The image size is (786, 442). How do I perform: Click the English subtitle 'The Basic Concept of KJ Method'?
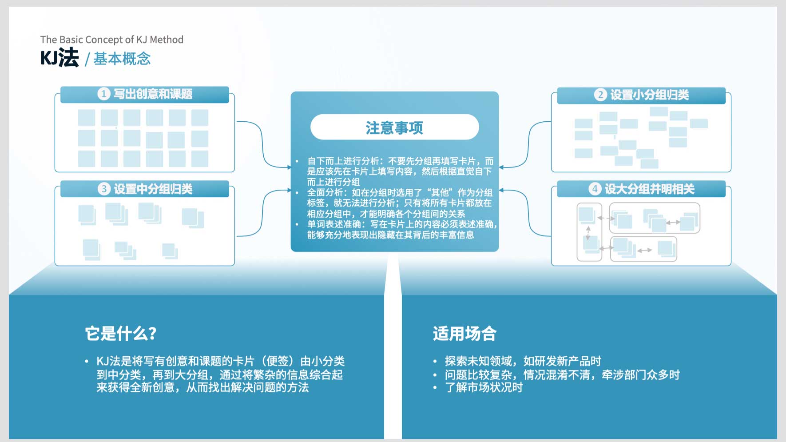pyautogui.click(x=112, y=40)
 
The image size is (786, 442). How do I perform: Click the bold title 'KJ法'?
pyautogui.click(x=60, y=58)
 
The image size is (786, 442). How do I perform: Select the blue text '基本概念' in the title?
pyautogui.click(x=122, y=59)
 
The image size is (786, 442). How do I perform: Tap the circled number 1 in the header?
pyautogui.click(x=104, y=94)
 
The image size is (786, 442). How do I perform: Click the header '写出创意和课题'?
pyautogui.click(x=153, y=94)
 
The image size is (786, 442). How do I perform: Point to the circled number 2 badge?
pyautogui.click(x=600, y=95)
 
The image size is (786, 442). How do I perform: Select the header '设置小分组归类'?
pyautogui.click(x=650, y=95)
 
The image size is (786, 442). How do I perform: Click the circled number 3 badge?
pyautogui.click(x=104, y=189)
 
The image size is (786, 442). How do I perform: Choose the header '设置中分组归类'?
pyautogui.click(x=153, y=189)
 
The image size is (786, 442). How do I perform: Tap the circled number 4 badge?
pyautogui.click(x=595, y=189)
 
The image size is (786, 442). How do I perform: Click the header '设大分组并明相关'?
pyautogui.click(x=650, y=189)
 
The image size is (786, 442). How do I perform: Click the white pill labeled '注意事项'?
pyautogui.click(x=394, y=127)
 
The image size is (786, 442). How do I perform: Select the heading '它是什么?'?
pyautogui.click(x=121, y=334)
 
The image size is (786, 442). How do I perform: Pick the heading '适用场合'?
pyautogui.click(x=464, y=334)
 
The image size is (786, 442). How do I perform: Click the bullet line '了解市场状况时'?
pyautogui.click(x=484, y=387)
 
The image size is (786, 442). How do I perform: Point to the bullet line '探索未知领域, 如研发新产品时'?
pyautogui.click(x=523, y=361)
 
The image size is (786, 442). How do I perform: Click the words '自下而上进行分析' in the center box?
pyautogui.click(x=343, y=161)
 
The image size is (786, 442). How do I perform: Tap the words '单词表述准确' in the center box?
pyautogui.click(x=334, y=224)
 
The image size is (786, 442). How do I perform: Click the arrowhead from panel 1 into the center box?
pyautogui.click(x=289, y=167)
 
